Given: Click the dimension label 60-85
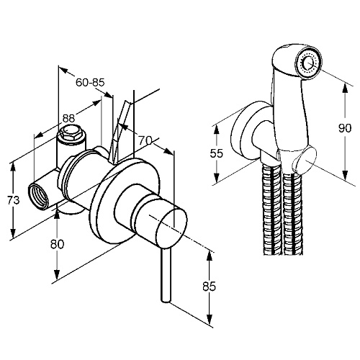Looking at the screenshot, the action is click(x=90, y=83).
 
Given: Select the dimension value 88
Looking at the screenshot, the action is click(x=69, y=118).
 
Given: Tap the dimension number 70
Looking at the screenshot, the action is click(x=145, y=140).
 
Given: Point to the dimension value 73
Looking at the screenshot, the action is click(x=13, y=200).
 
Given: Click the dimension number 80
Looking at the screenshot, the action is click(x=58, y=244).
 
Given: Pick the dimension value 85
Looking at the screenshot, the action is click(x=210, y=286).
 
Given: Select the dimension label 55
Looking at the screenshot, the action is click(x=217, y=153).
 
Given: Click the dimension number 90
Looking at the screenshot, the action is click(x=345, y=128).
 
